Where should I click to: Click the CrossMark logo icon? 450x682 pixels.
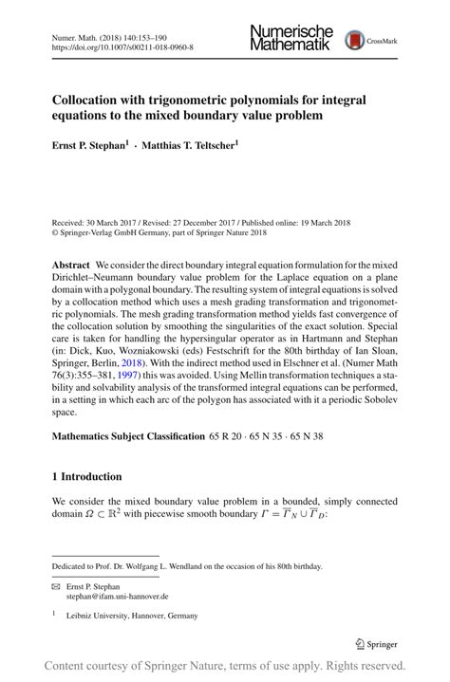(356, 39)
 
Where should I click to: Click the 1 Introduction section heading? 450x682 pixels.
(86, 476)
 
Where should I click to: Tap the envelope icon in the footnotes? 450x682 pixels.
(56, 587)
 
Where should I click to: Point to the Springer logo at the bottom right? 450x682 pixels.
(375, 643)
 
